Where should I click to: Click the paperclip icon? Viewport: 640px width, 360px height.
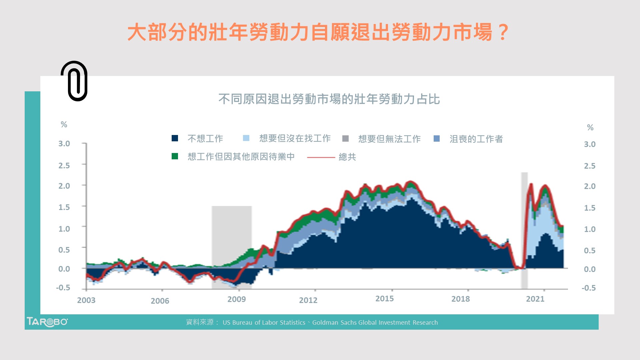[x=74, y=81]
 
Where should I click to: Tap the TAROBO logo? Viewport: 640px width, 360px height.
[x=47, y=322]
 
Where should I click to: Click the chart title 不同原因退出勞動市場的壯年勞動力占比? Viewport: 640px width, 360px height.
[x=329, y=99]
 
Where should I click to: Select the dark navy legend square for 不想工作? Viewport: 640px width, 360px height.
[x=175, y=138]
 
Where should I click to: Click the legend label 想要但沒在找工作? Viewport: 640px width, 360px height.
[x=295, y=138]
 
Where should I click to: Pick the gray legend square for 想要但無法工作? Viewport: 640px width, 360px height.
[x=345, y=139]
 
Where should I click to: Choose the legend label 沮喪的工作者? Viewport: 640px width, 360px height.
[x=476, y=139]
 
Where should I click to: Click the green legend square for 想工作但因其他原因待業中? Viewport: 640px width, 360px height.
[x=175, y=156]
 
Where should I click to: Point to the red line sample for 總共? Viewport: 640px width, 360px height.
[x=321, y=157]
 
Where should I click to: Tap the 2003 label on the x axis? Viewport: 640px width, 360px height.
[x=86, y=300]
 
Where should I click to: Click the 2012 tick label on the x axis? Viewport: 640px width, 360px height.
[x=308, y=300]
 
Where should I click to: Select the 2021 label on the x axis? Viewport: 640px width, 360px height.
[x=535, y=299]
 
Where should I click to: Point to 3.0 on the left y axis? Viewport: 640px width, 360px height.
[x=64, y=144]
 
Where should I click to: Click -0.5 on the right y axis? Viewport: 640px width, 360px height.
[x=589, y=288]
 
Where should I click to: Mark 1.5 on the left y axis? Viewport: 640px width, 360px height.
[x=64, y=207]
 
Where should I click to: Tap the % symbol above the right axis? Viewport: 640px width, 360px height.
[x=590, y=127]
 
